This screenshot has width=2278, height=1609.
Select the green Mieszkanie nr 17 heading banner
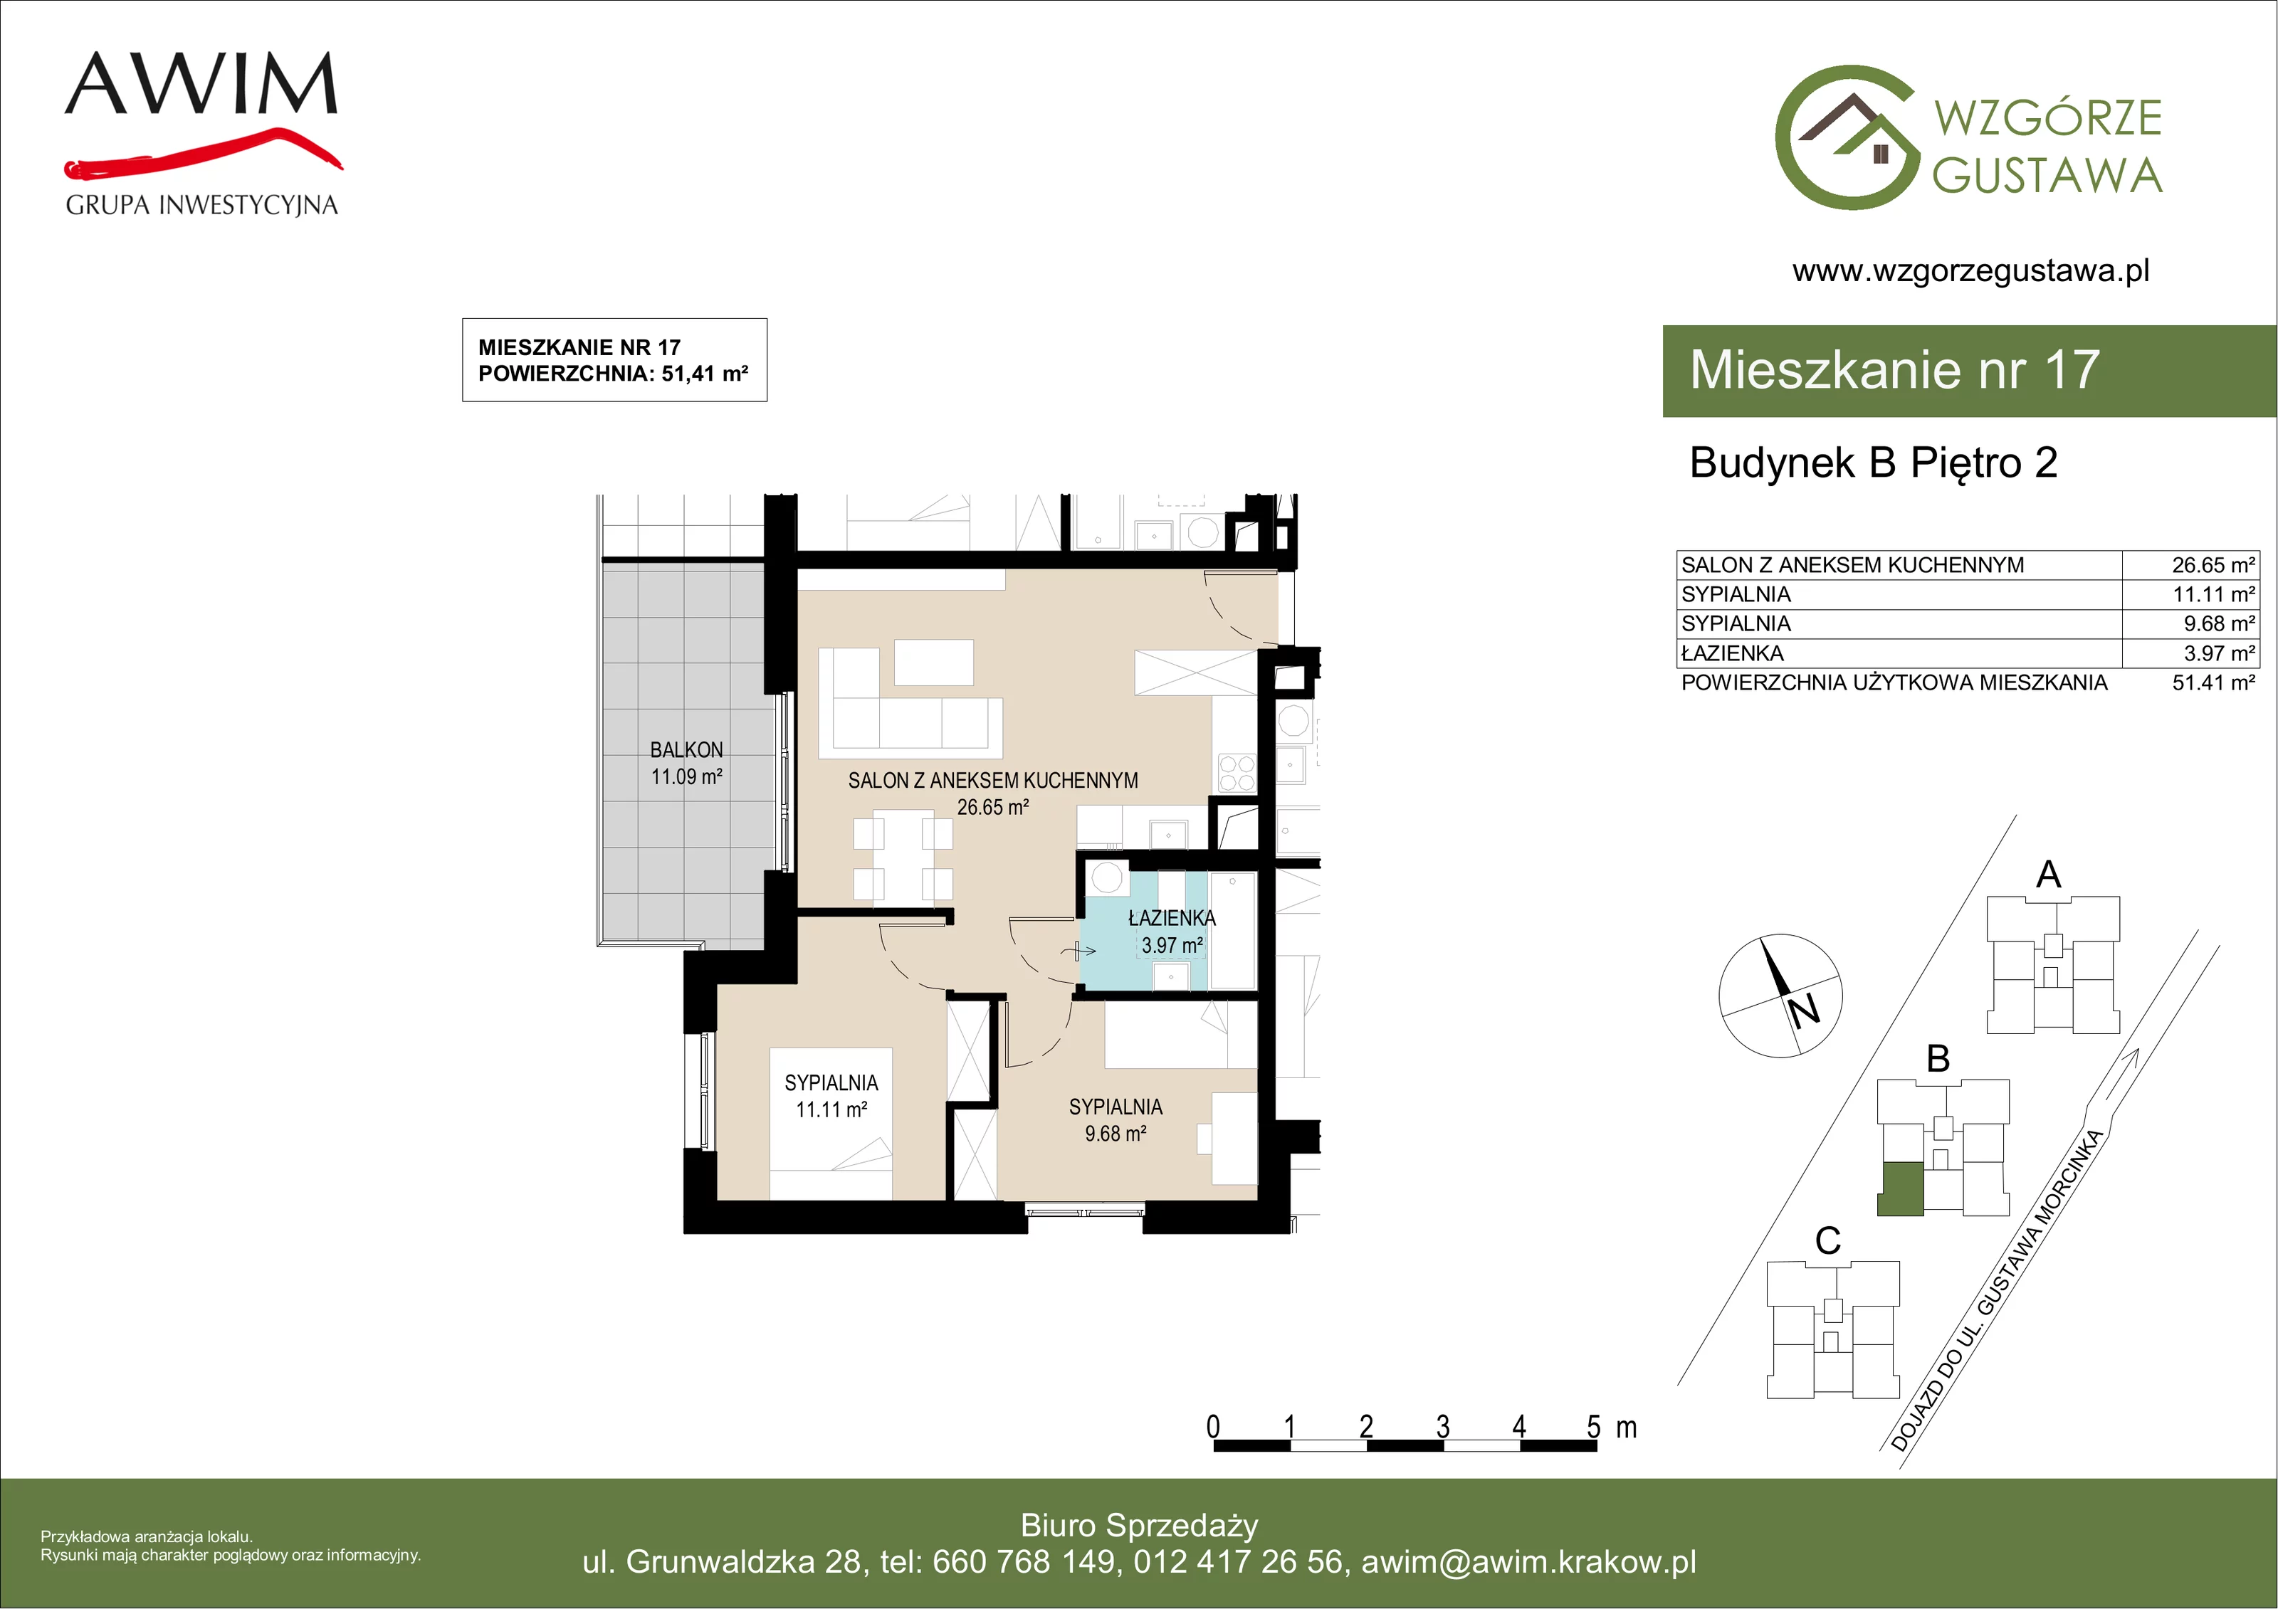click(x=1970, y=370)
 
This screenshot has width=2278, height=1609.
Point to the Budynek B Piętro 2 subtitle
click(x=1873, y=463)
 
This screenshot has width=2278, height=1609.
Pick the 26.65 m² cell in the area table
click(x=2213, y=566)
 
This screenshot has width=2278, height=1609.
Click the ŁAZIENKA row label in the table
click(x=1732, y=654)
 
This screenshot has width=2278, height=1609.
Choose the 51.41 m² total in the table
click(x=2213, y=682)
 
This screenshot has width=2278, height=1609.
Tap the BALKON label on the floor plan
click(x=686, y=750)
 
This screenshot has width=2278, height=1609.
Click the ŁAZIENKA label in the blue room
click(x=1172, y=919)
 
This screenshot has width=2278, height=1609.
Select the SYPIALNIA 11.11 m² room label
click(x=831, y=1096)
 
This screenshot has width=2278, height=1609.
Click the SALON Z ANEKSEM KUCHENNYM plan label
click(x=993, y=781)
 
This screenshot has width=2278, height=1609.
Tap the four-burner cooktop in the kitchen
click(x=1237, y=773)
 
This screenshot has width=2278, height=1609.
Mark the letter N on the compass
click(x=1804, y=1010)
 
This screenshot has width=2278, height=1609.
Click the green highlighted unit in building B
click(x=1901, y=1188)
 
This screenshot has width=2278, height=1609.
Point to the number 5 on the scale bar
click(x=1593, y=1427)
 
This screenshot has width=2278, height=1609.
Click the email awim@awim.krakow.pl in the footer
click(x=1529, y=1562)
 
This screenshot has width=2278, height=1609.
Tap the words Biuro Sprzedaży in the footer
click(x=1139, y=1526)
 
